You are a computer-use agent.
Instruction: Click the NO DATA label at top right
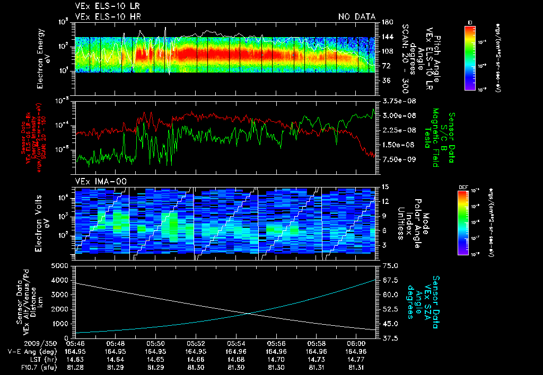click(x=357, y=17)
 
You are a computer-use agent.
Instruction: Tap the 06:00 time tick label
click(x=356, y=343)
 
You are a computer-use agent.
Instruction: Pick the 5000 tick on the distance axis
click(x=63, y=265)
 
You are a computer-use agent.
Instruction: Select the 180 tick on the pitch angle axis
click(x=386, y=22)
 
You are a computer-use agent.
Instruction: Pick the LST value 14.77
click(x=356, y=359)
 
